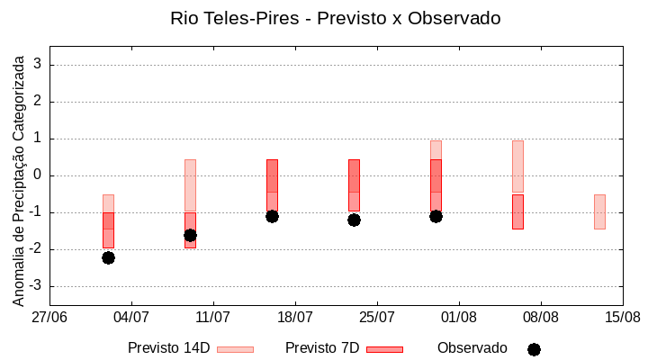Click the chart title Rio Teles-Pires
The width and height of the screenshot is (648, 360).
pos(335,18)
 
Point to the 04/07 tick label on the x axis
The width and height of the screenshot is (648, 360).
pos(131,317)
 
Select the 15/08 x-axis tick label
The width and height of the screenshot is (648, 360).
pos(622,317)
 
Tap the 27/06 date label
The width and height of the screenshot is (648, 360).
pos(49,317)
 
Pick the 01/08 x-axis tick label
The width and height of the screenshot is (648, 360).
pos(458,317)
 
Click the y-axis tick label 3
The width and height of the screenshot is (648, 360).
pos(38,65)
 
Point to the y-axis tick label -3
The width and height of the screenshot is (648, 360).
pos(34,286)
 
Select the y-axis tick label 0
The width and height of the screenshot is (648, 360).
pos(38,175)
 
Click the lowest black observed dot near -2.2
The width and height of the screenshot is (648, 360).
pos(108,257)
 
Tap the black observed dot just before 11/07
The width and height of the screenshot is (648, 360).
pos(190,235)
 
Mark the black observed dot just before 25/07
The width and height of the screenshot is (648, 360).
pos(354,220)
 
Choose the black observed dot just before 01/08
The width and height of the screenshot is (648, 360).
pos(436,216)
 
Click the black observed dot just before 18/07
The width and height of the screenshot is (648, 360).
pos(272,216)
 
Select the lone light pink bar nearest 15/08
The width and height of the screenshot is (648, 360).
pos(599,211)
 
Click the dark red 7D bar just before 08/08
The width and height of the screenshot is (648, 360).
pos(517,211)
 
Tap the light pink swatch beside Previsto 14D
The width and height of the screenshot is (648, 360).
pos(235,349)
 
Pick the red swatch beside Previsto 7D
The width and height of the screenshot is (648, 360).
pos(384,349)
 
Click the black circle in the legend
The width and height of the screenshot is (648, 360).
pos(534,349)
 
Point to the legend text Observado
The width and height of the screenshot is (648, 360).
pos(472,347)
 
